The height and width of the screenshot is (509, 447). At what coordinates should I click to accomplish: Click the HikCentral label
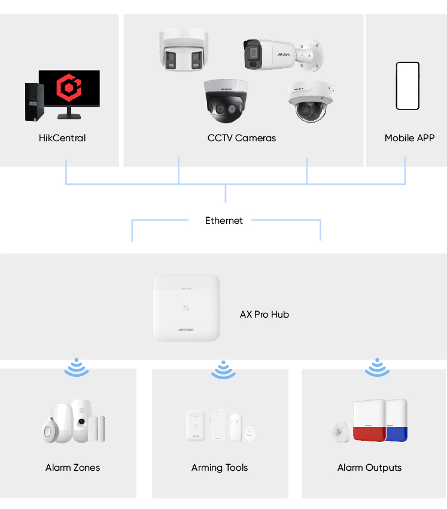pos(62,138)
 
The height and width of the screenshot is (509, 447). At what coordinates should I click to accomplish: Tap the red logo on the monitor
pos(69,89)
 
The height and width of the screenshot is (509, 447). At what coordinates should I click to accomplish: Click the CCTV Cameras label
pos(242,138)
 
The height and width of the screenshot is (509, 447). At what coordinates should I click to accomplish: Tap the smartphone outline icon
pos(408,86)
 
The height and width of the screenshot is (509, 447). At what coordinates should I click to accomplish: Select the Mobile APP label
pos(409,138)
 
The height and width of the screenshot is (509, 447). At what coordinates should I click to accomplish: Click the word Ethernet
pos(224,221)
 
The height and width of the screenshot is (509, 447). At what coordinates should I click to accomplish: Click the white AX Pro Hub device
pos(186,307)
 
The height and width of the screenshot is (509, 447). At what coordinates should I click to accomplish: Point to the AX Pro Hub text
pos(264,315)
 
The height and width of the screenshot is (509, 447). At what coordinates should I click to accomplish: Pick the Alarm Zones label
pos(72,468)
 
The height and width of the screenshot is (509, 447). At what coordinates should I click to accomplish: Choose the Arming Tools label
pos(220,468)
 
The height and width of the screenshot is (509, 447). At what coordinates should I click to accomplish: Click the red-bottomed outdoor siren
pos(369,421)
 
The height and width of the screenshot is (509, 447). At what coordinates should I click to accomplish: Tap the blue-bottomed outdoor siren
pos(397,420)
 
